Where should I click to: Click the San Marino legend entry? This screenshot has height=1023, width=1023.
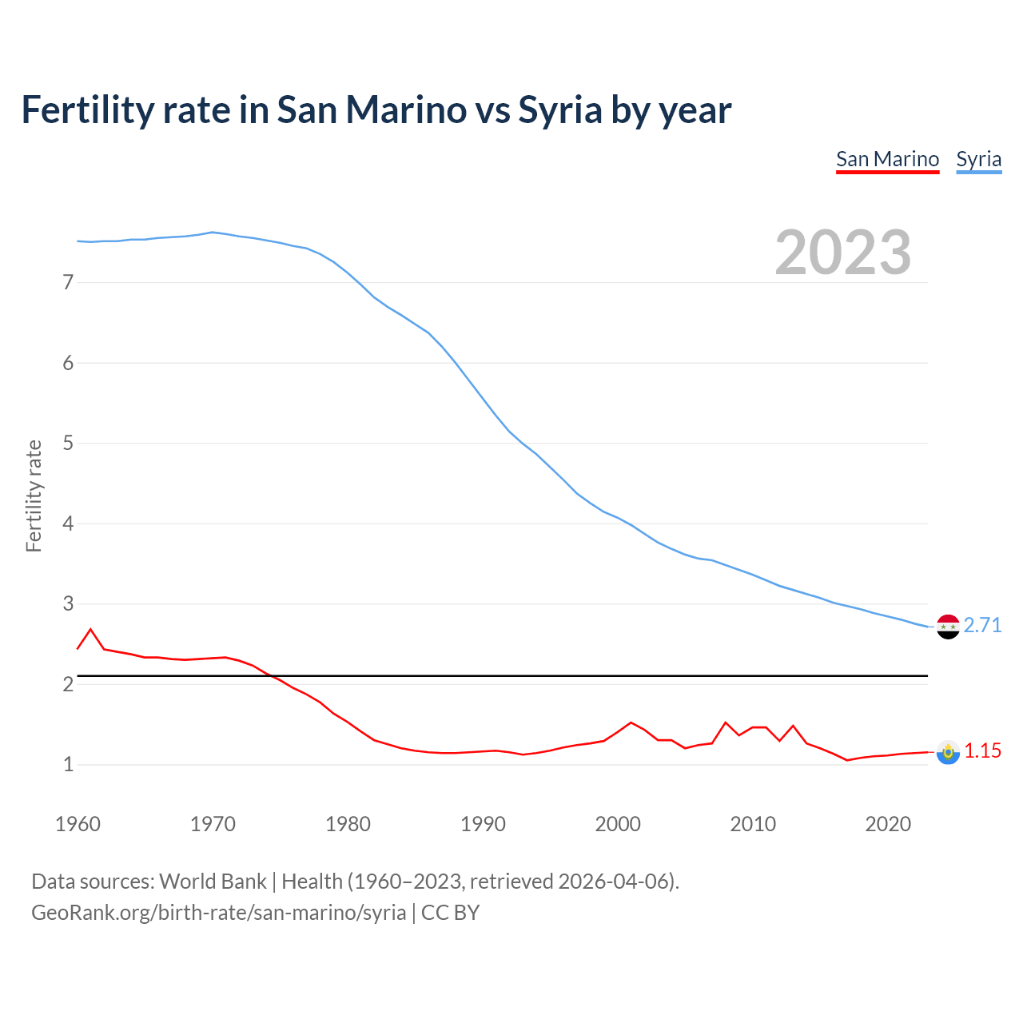pyautogui.click(x=887, y=159)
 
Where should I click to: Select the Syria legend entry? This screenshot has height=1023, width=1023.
pyautogui.click(x=978, y=159)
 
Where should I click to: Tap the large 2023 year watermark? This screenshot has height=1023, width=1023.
pyautogui.click(x=842, y=253)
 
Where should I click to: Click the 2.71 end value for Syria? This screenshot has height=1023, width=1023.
pyautogui.click(x=982, y=625)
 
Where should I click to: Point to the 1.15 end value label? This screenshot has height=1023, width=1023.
pyautogui.click(x=982, y=750)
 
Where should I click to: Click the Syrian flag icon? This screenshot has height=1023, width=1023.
pyautogui.click(x=948, y=627)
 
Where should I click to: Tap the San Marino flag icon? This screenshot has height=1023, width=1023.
pyautogui.click(x=948, y=752)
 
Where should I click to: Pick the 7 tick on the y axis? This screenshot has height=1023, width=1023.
pyautogui.click(x=68, y=282)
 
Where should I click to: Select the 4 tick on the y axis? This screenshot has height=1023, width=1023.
pyautogui.click(x=68, y=523)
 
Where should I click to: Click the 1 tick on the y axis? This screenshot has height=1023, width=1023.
pyautogui.click(x=68, y=765)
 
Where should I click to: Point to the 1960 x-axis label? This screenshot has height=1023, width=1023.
pyautogui.click(x=78, y=824)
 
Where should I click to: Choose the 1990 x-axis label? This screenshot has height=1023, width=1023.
pyautogui.click(x=483, y=824)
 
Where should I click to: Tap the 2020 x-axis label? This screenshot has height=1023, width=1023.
pyautogui.click(x=888, y=824)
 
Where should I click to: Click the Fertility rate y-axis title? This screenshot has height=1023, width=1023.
pyautogui.click(x=34, y=496)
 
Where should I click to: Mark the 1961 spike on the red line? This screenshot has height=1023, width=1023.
pyautogui.click(x=90, y=630)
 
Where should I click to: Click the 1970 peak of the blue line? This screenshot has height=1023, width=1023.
pyautogui.click(x=212, y=233)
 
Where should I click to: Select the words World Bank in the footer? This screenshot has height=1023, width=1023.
pyautogui.click(x=213, y=881)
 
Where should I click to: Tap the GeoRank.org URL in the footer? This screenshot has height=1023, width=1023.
pyautogui.click(x=218, y=912)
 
